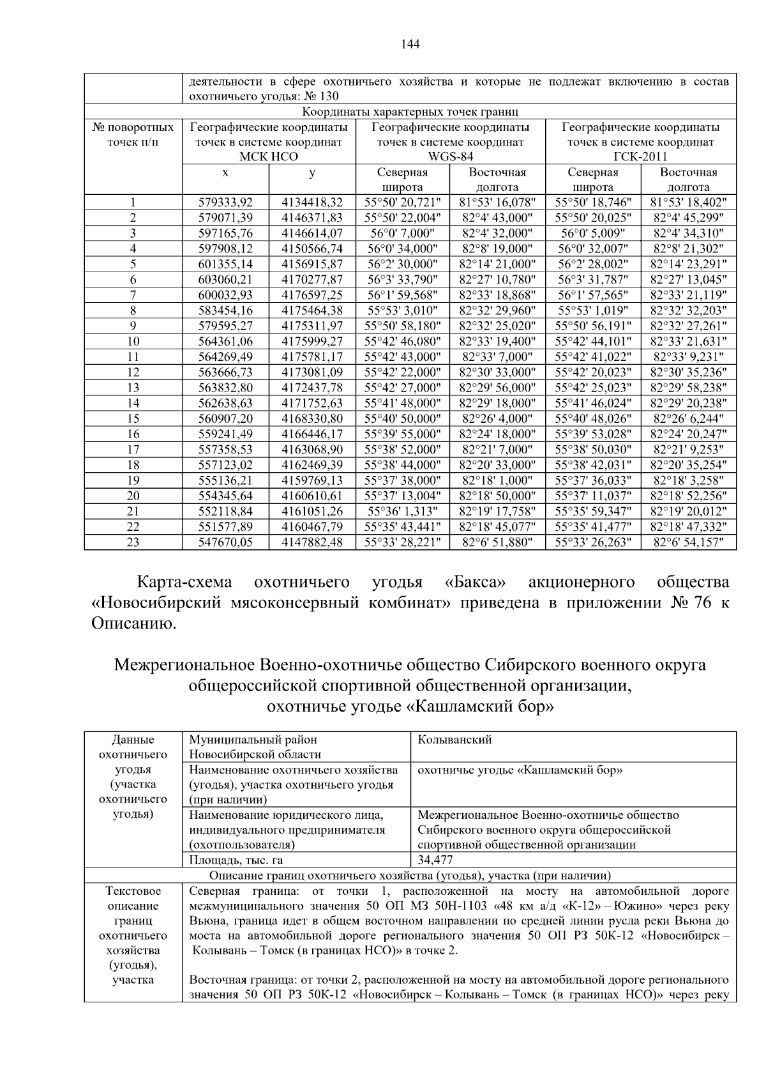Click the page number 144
point(410,44)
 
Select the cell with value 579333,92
point(225,202)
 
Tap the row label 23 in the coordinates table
point(133,542)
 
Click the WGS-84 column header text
point(450,156)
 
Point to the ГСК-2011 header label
point(640,156)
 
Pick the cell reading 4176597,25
point(312,295)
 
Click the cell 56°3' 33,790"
point(402,280)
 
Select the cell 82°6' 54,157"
point(688,542)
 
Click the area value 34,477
point(435,860)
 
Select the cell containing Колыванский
point(454,740)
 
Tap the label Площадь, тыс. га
point(236,860)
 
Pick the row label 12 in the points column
point(133,372)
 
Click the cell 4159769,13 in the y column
point(312,480)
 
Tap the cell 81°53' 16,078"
point(497,202)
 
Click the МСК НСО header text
point(268,156)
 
